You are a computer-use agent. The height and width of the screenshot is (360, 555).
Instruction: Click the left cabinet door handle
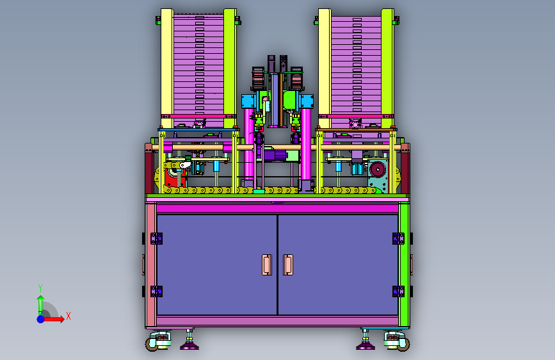(267, 265)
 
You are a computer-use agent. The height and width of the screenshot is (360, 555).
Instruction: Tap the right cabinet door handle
(288, 265)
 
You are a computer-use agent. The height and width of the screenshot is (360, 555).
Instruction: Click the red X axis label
(68, 316)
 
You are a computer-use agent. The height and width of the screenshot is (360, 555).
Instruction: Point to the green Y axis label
(40, 288)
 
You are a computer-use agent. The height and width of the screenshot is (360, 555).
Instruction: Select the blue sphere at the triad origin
(41, 319)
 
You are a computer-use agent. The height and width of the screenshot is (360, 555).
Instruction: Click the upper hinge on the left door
(156, 238)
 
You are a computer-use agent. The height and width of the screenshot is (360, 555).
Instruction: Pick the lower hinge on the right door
(398, 291)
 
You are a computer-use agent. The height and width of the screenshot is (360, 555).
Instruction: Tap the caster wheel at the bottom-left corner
(152, 345)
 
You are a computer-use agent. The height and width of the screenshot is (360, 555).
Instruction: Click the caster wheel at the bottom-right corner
(403, 345)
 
